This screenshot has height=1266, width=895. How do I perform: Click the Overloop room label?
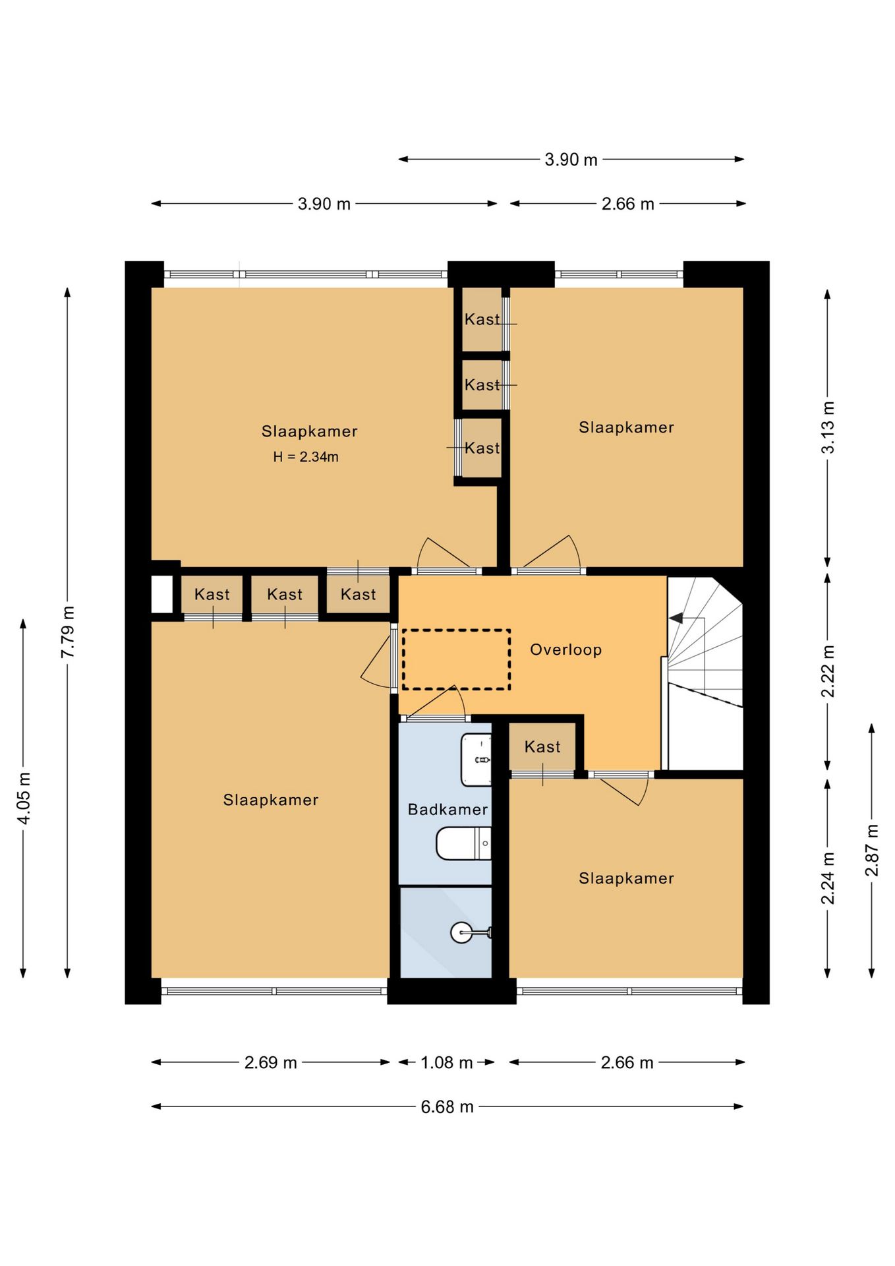coord(565,650)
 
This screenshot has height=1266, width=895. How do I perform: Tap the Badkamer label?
coord(447,809)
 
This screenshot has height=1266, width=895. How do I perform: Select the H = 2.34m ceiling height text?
coord(306,457)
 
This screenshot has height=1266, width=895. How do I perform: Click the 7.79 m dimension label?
coord(67,631)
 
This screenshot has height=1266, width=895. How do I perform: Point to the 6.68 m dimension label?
coord(447,1106)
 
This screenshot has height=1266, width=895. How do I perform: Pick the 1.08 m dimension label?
coord(446,1062)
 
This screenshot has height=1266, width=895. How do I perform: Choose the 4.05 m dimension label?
coord(24,798)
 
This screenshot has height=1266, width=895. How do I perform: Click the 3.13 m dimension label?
coord(828,427)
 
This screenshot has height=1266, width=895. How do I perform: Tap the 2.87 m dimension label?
coord(872,851)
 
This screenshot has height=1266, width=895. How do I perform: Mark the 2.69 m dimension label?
coord(270,1062)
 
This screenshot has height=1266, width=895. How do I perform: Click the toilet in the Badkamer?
coord(463,844)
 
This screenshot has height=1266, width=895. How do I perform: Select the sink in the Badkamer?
coord(476,760)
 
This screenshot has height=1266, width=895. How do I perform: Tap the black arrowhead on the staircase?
coord(676,618)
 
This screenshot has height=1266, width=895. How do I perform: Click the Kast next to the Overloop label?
coord(542,747)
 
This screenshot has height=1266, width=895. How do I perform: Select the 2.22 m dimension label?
coord(828,671)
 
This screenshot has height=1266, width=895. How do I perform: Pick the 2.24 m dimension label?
coord(828,878)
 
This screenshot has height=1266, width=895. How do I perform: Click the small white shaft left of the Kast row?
coord(162,595)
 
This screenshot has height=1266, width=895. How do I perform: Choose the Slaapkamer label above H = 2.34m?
coord(309,431)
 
